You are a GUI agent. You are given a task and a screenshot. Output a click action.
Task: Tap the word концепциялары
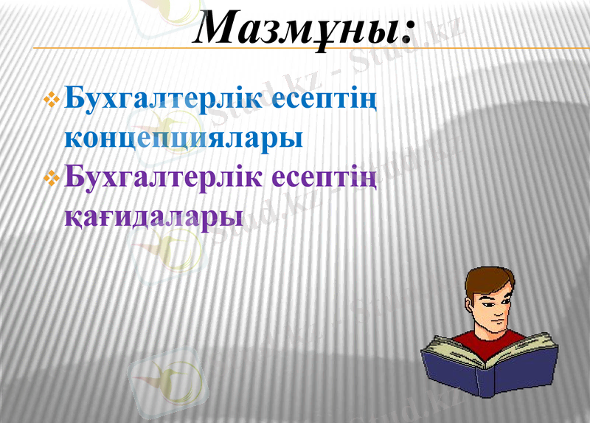[183, 139]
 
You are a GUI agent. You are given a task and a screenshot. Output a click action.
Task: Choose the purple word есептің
[325, 178]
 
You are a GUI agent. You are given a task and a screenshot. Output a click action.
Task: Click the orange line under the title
[295, 48]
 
